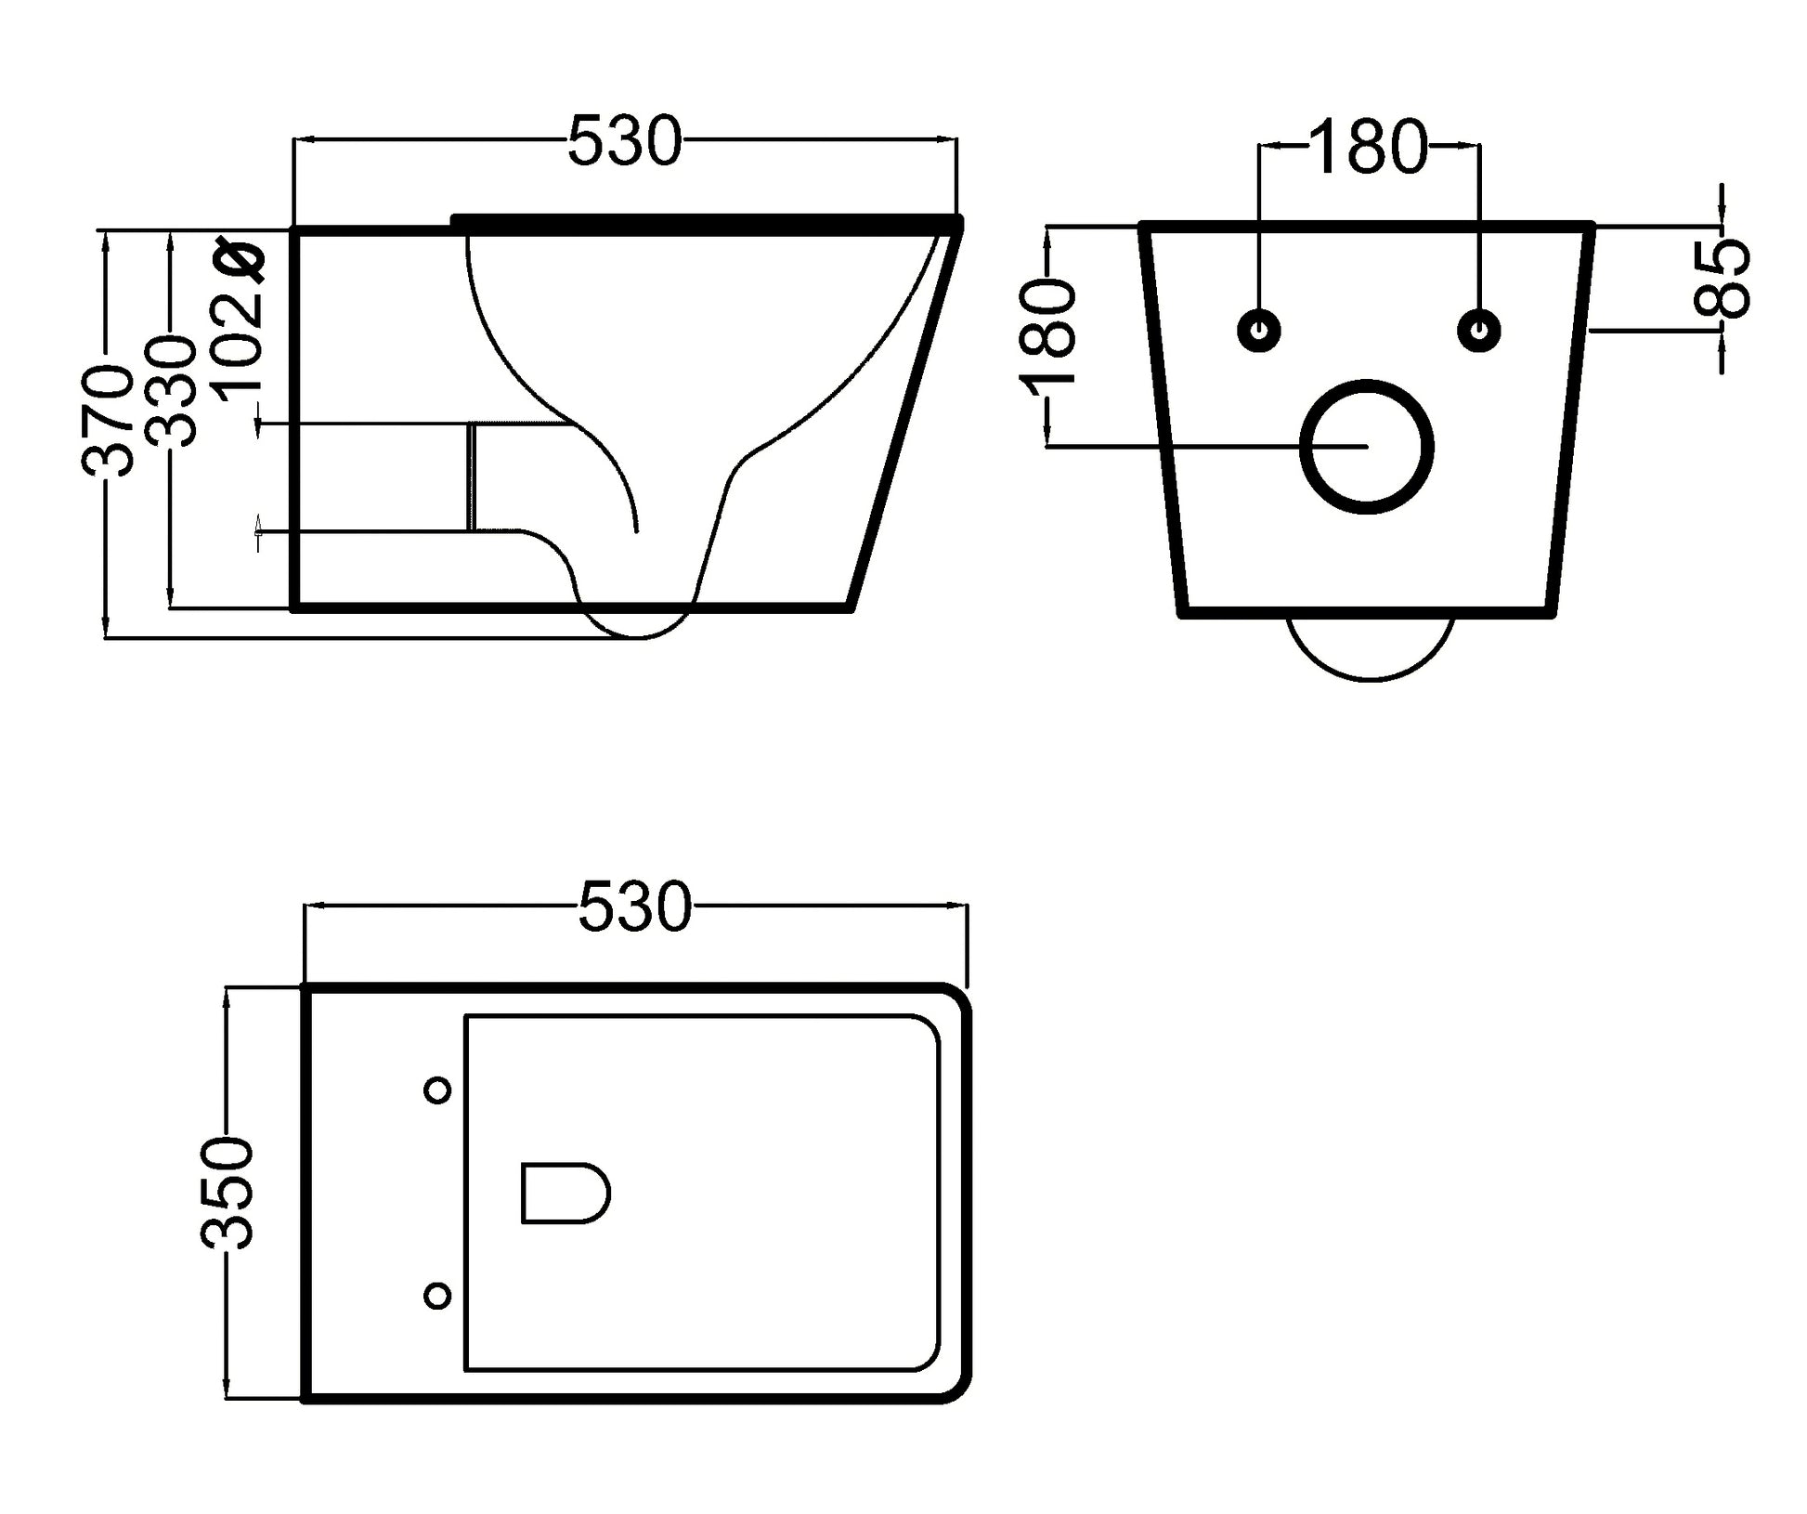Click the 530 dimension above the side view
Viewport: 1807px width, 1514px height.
[x=624, y=141]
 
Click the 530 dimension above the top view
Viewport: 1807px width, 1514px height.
[x=635, y=907]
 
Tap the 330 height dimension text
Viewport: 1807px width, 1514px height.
[x=173, y=391]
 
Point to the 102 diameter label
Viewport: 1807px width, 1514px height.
[x=240, y=325]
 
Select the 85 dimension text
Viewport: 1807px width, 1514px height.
[x=1722, y=278]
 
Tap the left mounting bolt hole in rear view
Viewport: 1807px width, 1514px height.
[x=1259, y=330]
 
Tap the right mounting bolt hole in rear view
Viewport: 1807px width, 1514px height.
[x=1480, y=330]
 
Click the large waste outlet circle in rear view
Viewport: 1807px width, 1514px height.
[x=1367, y=447]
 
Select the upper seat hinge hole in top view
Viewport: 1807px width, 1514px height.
[x=437, y=1090]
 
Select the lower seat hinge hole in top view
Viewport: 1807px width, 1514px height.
[x=437, y=1295]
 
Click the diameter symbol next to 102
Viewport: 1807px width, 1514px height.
[x=240, y=260]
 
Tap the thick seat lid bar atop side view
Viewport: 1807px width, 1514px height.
[x=707, y=221]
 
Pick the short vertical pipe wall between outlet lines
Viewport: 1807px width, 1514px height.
[x=473, y=476]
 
